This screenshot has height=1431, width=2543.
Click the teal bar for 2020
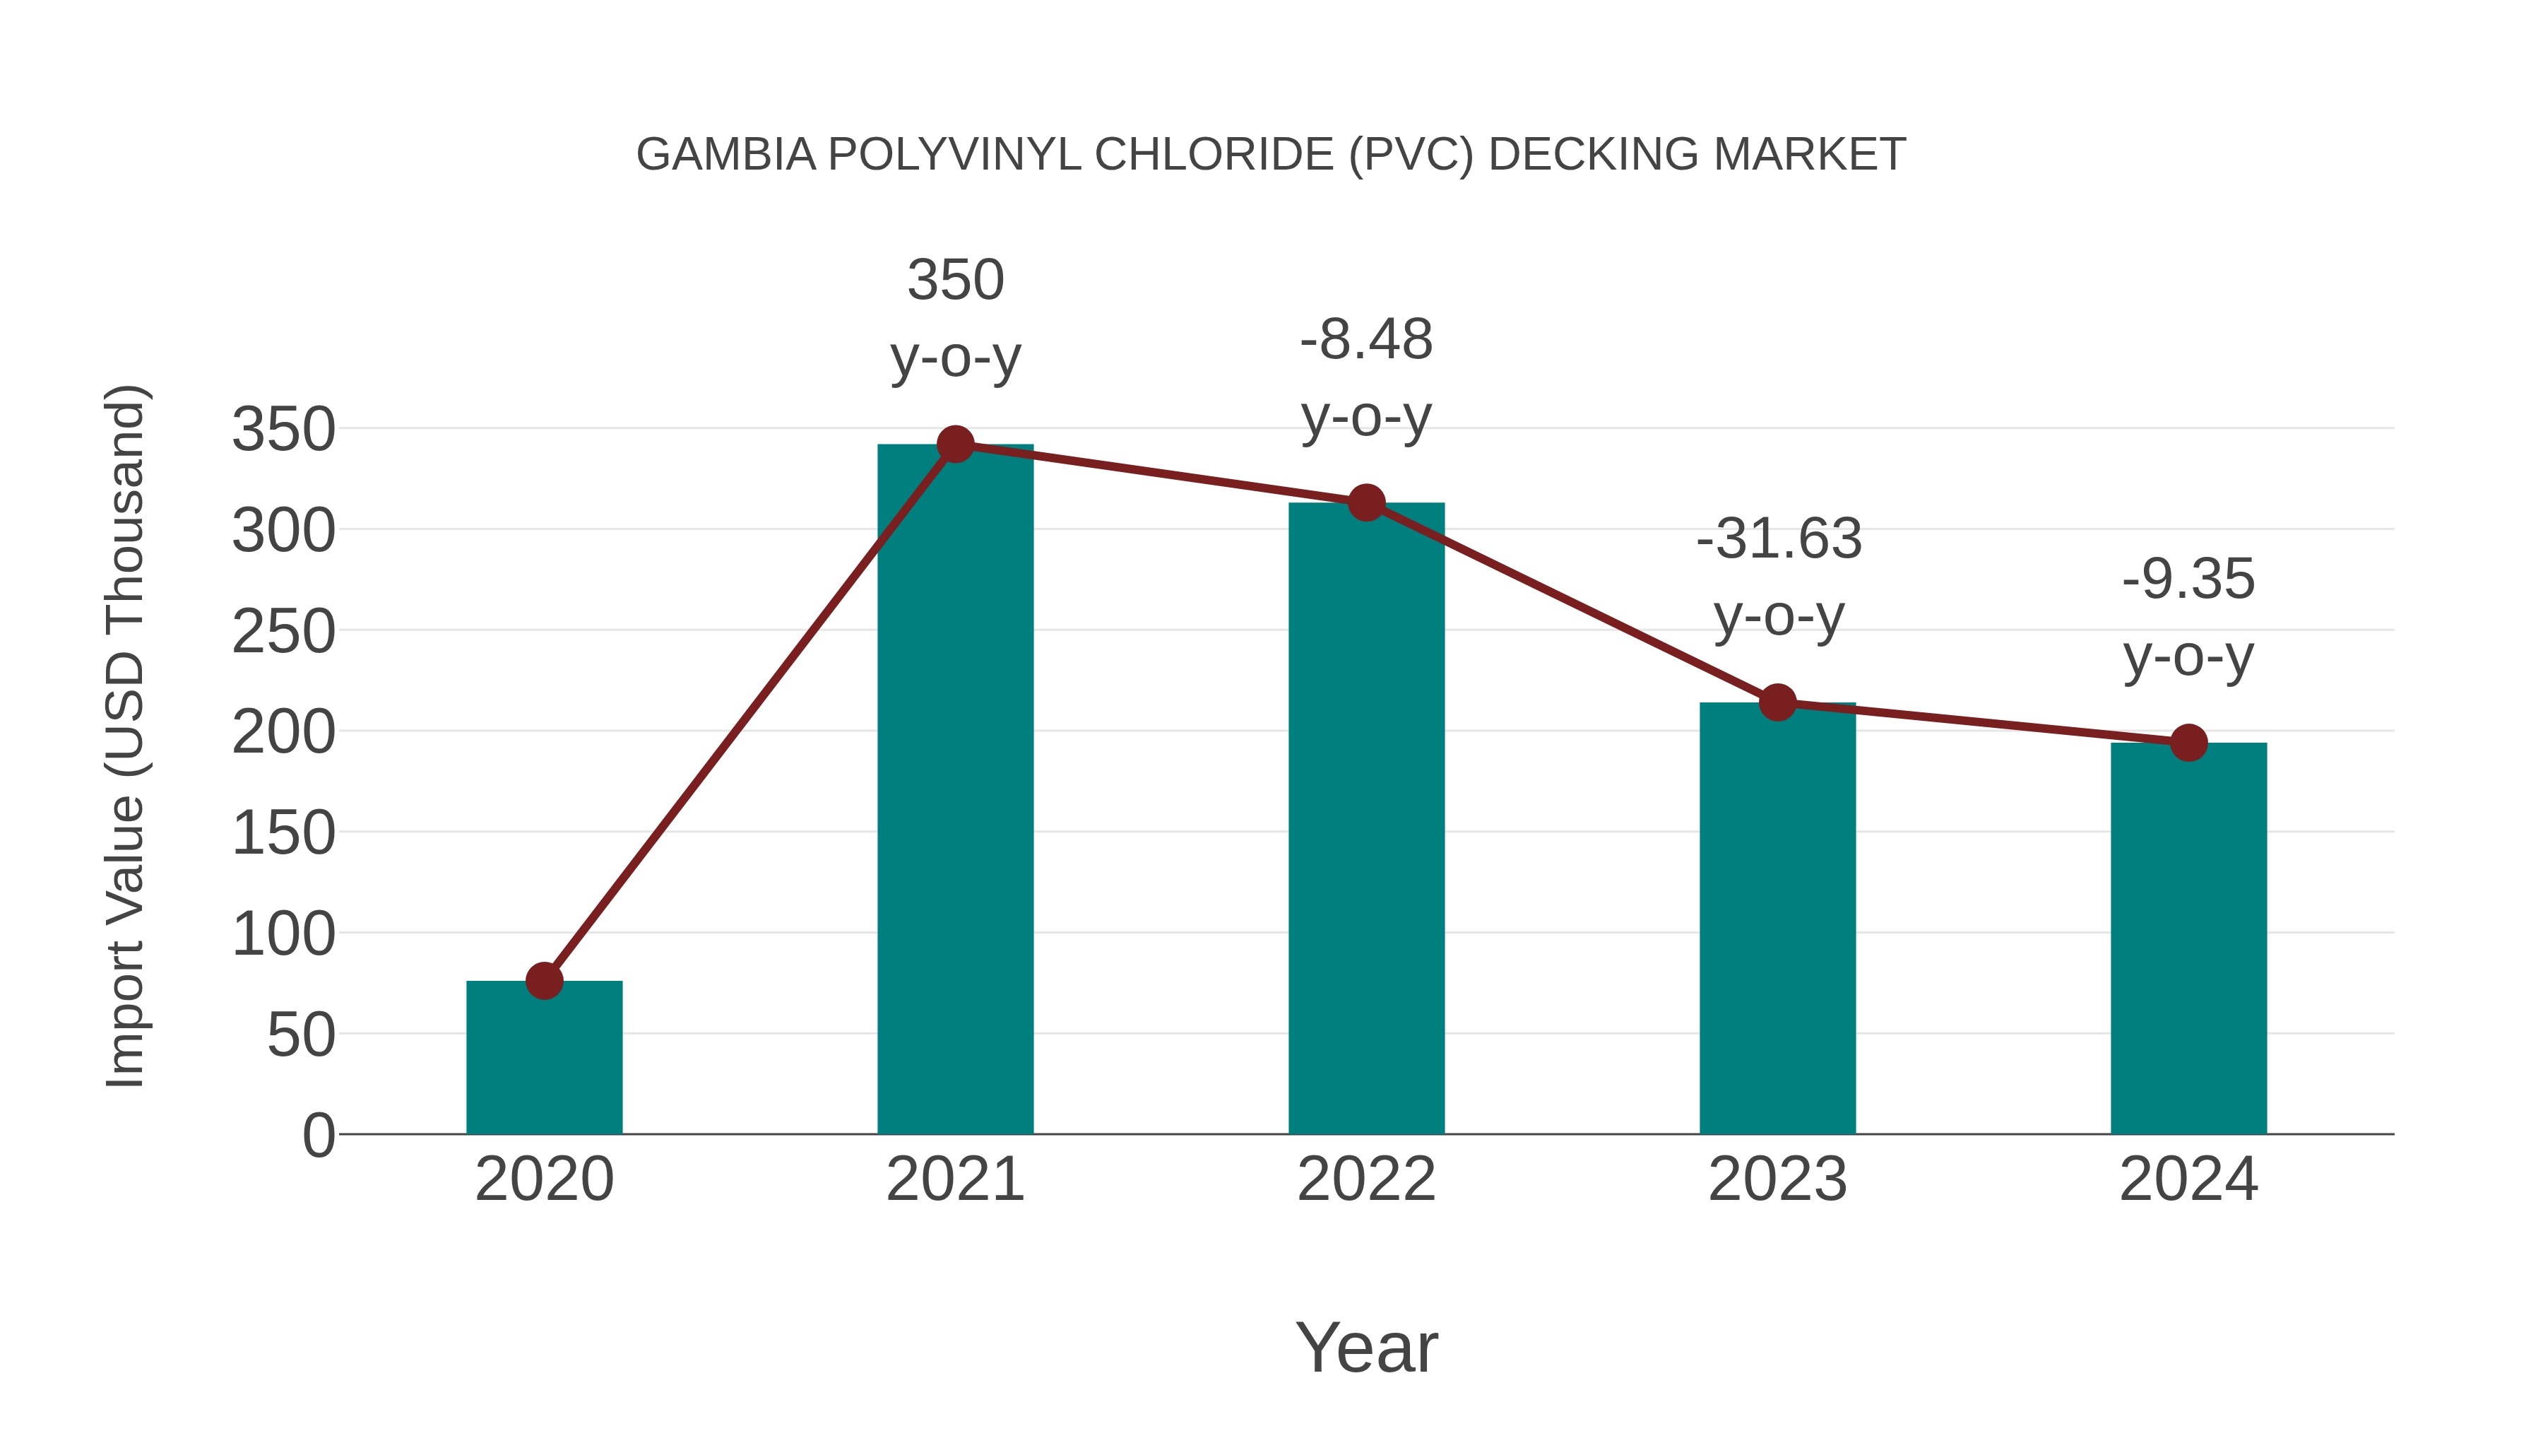544,1056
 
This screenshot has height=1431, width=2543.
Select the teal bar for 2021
954,790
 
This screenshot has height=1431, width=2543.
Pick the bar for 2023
1777,919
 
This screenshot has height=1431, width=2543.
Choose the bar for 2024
2188,938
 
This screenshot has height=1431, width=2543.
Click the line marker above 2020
544,981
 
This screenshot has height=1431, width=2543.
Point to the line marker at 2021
954,444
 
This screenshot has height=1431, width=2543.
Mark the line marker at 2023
1777,702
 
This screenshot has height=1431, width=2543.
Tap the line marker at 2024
2188,743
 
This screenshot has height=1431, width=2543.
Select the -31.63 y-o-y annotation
1779,578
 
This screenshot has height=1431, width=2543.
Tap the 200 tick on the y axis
283,733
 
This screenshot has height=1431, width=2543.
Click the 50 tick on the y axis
301,1036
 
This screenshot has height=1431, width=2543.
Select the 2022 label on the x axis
1366,1179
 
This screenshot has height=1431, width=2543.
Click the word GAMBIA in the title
725,155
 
